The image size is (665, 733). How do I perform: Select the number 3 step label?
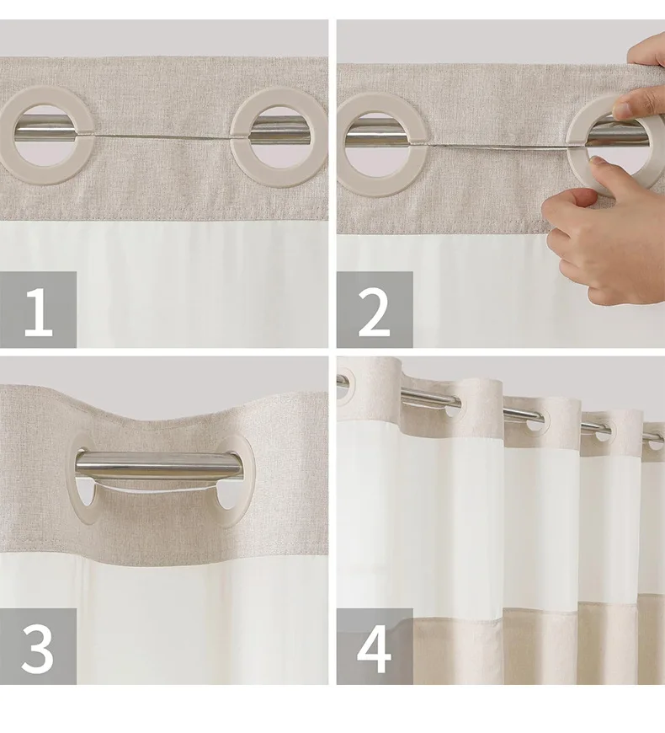point(38,646)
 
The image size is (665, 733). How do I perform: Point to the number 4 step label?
point(374,646)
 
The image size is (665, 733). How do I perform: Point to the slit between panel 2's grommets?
point(495,147)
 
